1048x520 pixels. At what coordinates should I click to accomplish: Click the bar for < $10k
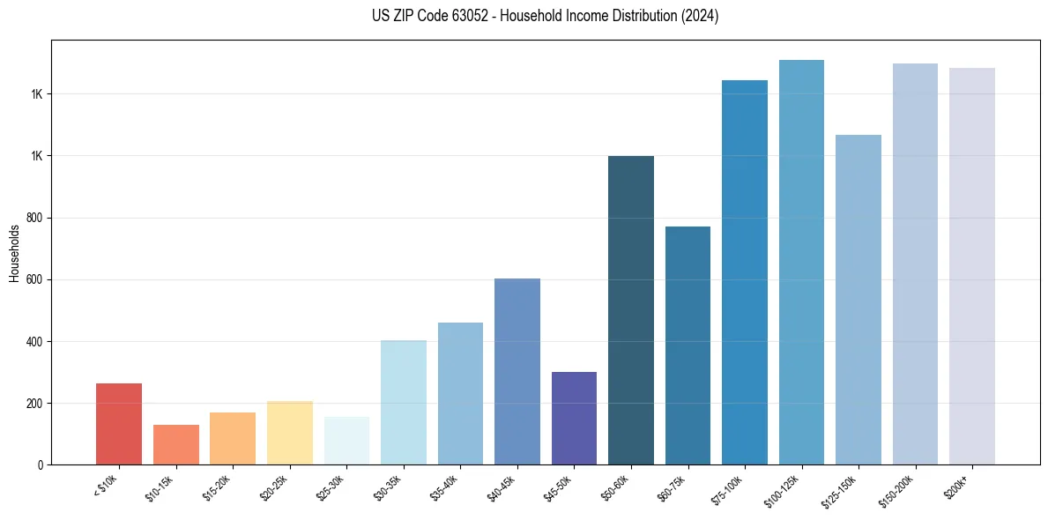point(119,424)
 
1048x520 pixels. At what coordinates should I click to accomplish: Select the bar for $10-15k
point(175,444)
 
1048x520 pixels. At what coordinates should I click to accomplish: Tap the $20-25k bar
point(289,433)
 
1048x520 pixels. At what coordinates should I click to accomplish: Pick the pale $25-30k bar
point(346,441)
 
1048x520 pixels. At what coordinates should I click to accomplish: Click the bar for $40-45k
point(517,371)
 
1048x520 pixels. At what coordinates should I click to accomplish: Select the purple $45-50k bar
point(574,418)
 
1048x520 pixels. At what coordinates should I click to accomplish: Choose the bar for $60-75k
point(688,345)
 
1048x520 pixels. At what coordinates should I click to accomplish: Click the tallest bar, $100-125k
point(801,262)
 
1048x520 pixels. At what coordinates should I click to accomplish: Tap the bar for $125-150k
point(858,300)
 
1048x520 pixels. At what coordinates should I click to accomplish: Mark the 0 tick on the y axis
point(41,464)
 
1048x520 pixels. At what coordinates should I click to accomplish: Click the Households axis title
point(14,252)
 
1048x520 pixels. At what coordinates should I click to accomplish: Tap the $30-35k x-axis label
point(389,487)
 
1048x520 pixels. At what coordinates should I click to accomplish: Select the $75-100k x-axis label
point(728,489)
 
